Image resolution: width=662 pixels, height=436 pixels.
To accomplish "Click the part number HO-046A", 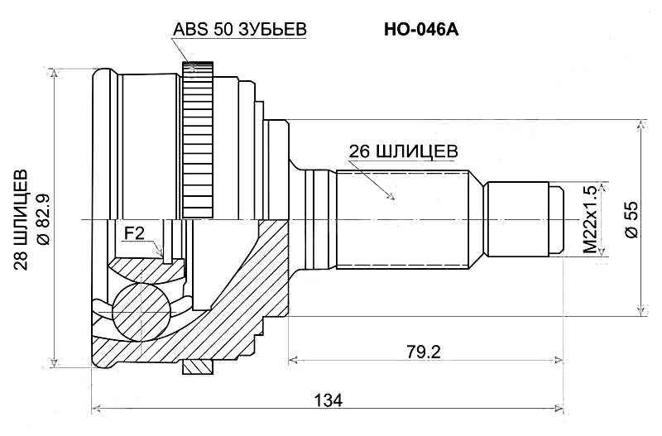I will pos(421,29).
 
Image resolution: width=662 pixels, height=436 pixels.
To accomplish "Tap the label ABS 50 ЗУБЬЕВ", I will pos(240,29).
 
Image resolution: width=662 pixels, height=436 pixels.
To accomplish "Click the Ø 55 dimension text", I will pos(631,220).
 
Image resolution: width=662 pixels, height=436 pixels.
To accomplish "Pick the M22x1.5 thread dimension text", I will pos(589,219).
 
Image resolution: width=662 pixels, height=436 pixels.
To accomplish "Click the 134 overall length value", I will pos(328,400).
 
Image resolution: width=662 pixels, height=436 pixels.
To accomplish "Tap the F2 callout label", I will pos(134,233).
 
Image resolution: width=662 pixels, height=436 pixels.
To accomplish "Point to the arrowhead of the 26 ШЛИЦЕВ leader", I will pos(394,199).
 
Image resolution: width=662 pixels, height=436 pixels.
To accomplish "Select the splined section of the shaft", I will pos(405,219).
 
